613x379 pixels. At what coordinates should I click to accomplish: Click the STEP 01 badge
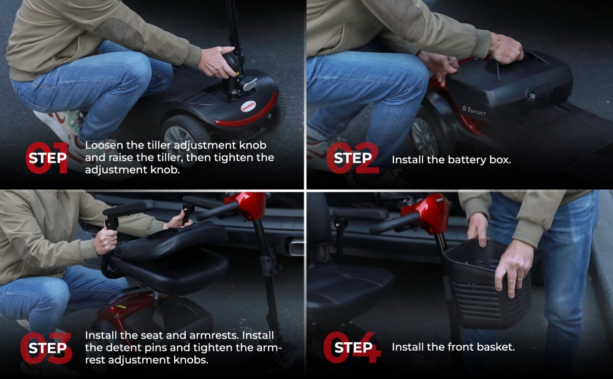coord(47,158)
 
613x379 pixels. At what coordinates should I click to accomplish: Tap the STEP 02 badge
coord(352,158)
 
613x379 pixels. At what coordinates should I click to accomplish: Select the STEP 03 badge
coord(47,348)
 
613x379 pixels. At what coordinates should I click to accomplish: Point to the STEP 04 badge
coord(352,347)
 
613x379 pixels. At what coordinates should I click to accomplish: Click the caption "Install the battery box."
coord(451,159)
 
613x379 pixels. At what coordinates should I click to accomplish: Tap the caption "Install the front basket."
coord(453,347)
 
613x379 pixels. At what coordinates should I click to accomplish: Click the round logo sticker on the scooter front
coord(248,106)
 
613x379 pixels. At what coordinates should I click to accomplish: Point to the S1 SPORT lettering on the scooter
coord(474,111)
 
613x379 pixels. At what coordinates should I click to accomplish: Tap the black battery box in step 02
coord(508,86)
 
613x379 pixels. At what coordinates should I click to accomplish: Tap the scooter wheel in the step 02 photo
coord(426,135)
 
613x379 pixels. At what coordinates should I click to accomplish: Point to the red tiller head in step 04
coord(426,214)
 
